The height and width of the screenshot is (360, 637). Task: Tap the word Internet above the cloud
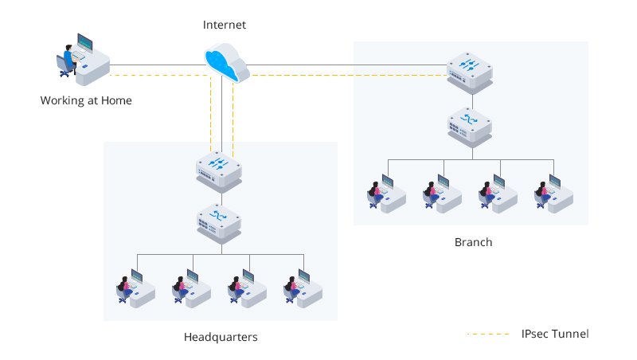pyautogui.click(x=225, y=25)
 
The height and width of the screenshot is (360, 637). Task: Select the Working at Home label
pyautogui.click(x=86, y=100)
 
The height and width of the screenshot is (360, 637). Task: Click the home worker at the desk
pyautogui.click(x=83, y=59)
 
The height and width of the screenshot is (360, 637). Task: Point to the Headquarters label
pyautogui.click(x=221, y=337)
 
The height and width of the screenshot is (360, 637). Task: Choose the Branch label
pyautogui.click(x=473, y=242)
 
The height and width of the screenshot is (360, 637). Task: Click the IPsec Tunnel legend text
pyautogui.click(x=555, y=333)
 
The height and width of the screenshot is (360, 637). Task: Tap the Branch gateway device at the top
pyautogui.click(x=470, y=71)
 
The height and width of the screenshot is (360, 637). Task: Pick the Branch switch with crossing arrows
pyautogui.click(x=470, y=123)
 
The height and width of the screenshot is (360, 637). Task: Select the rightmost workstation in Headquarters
pyautogui.click(x=303, y=286)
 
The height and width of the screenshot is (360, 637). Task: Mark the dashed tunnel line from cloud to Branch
pyautogui.click(x=342, y=76)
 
